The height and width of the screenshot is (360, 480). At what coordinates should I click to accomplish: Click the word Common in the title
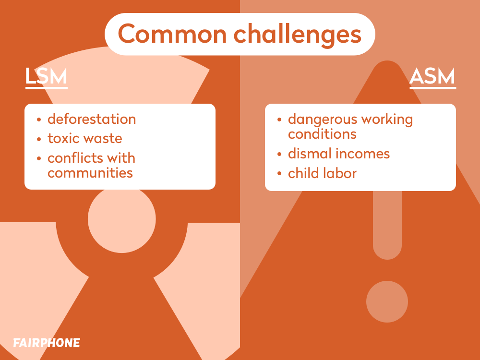(172, 34)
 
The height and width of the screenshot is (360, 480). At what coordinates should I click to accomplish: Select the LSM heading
(46, 76)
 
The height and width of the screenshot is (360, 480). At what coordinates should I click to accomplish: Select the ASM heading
(432, 76)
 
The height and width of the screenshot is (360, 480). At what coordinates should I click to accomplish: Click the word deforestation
(92, 119)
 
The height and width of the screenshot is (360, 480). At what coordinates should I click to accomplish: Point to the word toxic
(63, 138)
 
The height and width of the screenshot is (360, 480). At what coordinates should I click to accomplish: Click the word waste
(103, 139)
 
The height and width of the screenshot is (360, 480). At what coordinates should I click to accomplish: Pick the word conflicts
(71, 158)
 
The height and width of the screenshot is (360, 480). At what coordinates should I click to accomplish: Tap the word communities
(90, 173)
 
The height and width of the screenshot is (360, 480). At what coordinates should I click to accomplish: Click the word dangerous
(323, 120)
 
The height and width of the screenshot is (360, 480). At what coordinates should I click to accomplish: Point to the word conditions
(322, 134)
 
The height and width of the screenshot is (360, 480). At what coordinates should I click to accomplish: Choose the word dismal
(310, 154)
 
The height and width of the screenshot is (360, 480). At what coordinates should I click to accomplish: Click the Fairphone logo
(47, 343)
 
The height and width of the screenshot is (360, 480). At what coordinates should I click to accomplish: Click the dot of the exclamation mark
(387, 301)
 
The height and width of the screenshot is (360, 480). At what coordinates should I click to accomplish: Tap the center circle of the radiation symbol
(122, 219)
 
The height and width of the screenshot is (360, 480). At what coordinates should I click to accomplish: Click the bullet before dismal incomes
(279, 154)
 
